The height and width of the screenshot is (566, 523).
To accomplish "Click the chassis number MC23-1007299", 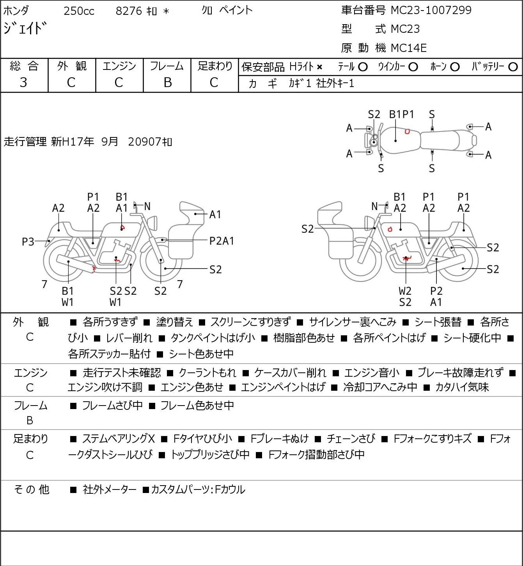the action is point(431,10).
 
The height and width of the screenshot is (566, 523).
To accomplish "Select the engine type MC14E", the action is point(409,48).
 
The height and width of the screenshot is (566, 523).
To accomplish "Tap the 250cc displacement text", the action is point(79,11).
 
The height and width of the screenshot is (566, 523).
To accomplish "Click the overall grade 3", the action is point(23,82).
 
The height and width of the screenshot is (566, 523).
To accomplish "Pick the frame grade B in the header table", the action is point(167,82).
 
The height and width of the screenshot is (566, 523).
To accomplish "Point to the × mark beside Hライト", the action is point(319,67).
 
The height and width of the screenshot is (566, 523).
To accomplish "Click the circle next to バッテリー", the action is point(513,67).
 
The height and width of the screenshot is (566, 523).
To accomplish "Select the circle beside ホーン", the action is point(455,67).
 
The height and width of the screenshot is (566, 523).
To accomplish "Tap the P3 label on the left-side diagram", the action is point(28,242).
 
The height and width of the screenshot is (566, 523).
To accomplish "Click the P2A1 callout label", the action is point(222,241).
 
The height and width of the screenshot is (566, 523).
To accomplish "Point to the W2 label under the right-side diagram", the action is point(405,291).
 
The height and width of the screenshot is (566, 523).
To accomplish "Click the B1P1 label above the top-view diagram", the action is point(401,114).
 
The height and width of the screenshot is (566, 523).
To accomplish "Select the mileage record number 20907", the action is point(145,142).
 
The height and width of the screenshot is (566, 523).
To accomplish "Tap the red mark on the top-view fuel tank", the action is point(407,132).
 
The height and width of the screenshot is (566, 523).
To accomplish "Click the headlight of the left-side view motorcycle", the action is point(152,222).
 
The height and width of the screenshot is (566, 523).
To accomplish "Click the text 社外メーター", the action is point(109,489).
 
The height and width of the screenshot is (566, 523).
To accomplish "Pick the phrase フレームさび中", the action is point(112,405).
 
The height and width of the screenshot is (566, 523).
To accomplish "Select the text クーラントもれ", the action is point(207,372).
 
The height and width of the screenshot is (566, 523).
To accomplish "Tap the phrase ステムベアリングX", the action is point(119,439).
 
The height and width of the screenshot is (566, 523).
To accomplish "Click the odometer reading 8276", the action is point(129,11).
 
